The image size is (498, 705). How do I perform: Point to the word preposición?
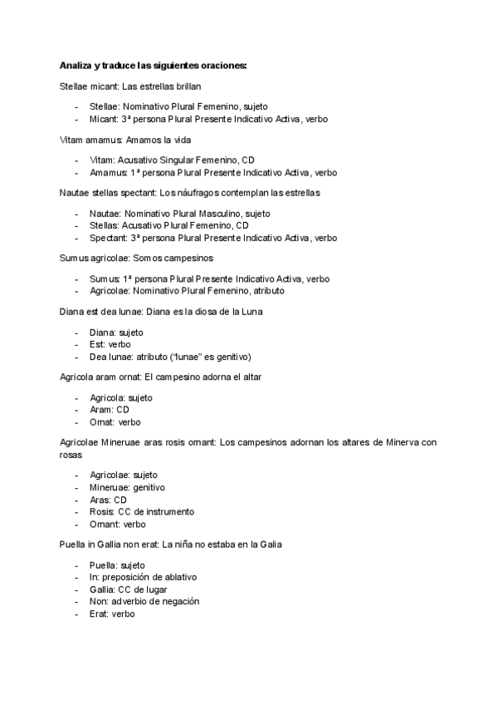coord(131,576)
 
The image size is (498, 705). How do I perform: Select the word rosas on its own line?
coord(71,455)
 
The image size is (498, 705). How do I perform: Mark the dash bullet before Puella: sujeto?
coord(76,564)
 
